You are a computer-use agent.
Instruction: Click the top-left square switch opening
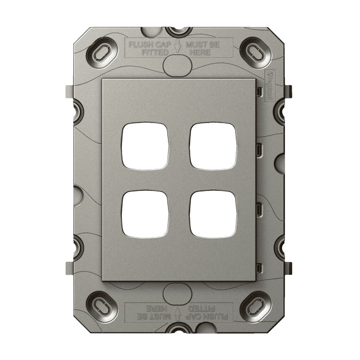click(x=145, y=146)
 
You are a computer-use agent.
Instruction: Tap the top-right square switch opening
click(x=213, y=146)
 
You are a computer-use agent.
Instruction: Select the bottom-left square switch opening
click(x=145, y=214)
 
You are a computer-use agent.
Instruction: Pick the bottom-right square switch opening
click(x=213, y=214)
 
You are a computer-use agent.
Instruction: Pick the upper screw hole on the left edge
click(x=77, y=109)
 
